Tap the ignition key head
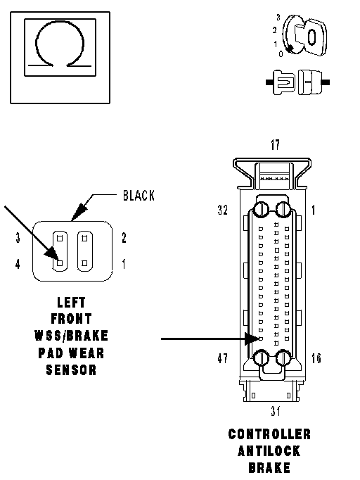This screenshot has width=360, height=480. pos(311,37)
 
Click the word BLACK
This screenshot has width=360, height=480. pos(139,195)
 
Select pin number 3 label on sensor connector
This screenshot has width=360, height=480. pos(18,238)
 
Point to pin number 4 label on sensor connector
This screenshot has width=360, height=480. pos(18,263)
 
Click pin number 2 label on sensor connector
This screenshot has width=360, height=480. pos(124,238)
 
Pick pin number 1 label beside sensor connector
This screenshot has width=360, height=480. pos(124,263)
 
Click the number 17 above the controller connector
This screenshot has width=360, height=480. pos(275,144)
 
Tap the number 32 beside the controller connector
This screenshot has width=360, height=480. pos(223,210)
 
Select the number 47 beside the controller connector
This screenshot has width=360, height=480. pos(223,358)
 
